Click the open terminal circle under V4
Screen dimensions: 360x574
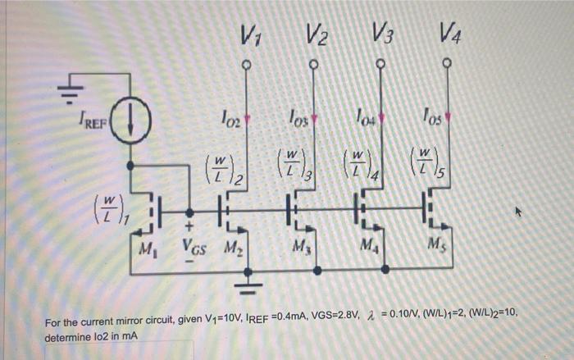448,63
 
